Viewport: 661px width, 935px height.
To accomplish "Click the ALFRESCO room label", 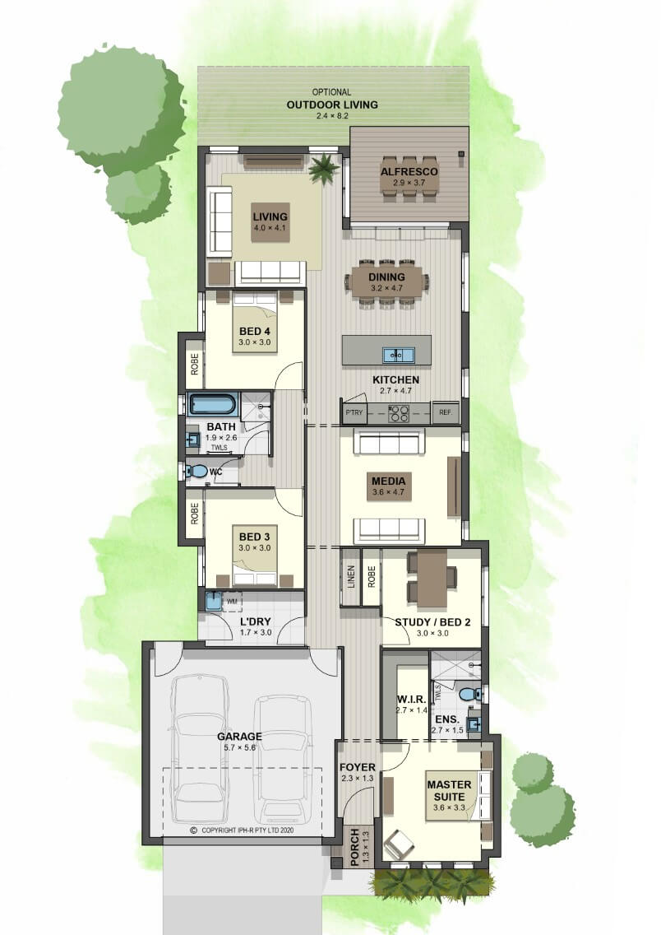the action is coord(409,172).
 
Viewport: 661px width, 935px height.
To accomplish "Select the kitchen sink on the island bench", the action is coord(399,355).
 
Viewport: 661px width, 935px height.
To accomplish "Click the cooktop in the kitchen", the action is coord(399,413).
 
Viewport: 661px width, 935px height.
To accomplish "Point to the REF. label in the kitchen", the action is coord(446,412).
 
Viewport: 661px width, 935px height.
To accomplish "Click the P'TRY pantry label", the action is coord(354,412).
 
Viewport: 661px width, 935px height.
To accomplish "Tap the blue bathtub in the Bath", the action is coord(213,403).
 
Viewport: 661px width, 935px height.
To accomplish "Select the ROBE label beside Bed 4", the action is coord(195,365).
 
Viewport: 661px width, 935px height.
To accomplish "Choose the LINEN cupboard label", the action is coord(351,577).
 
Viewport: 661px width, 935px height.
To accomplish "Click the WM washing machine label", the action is coord(232,602).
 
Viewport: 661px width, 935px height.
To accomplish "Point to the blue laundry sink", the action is coord(213,601).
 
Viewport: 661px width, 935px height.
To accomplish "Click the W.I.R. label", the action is coord(411,699).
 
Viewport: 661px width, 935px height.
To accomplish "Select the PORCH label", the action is coord(355,848).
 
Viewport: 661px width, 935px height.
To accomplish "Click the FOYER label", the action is coord(358,767).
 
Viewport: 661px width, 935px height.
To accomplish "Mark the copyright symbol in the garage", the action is coord(193,830).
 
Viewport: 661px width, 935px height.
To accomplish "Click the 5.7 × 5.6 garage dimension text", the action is coord(239,747).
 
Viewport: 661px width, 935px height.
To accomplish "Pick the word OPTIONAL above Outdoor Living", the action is coord(331,92).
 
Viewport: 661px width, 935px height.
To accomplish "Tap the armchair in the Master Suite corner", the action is coord(399,843).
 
